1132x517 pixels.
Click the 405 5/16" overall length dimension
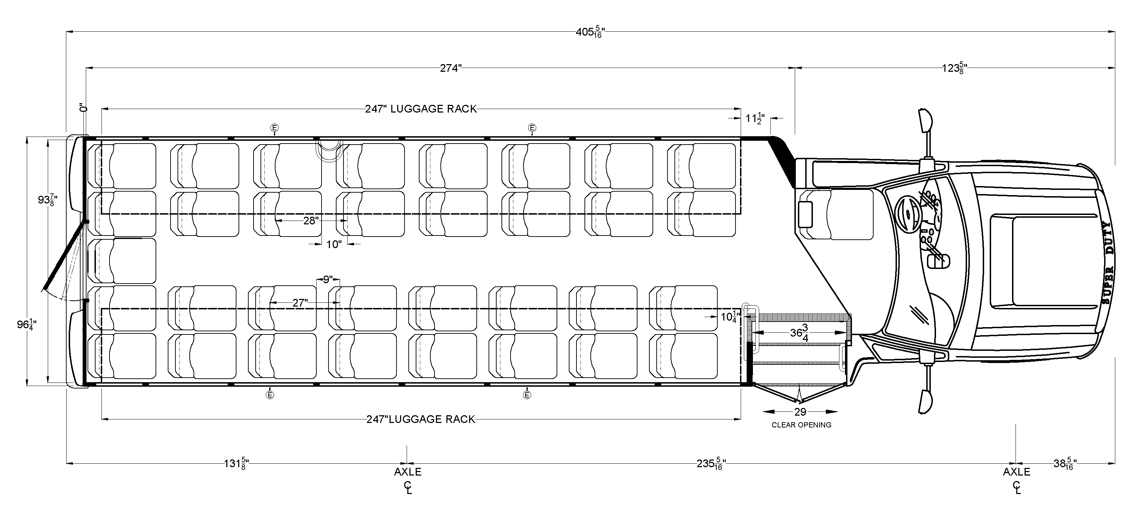click(x=590, y=32)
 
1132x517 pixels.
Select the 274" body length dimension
click(x=451, y=69)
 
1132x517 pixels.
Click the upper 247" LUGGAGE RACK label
click(x=421, y=109)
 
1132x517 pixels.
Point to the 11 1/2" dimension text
click(x=755, y=118)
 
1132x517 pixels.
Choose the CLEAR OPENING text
click(x=801, y=425)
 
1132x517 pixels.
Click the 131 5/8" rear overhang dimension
click(x=236, y=463)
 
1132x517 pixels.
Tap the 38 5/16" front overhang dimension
click(x=1064, y=463)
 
